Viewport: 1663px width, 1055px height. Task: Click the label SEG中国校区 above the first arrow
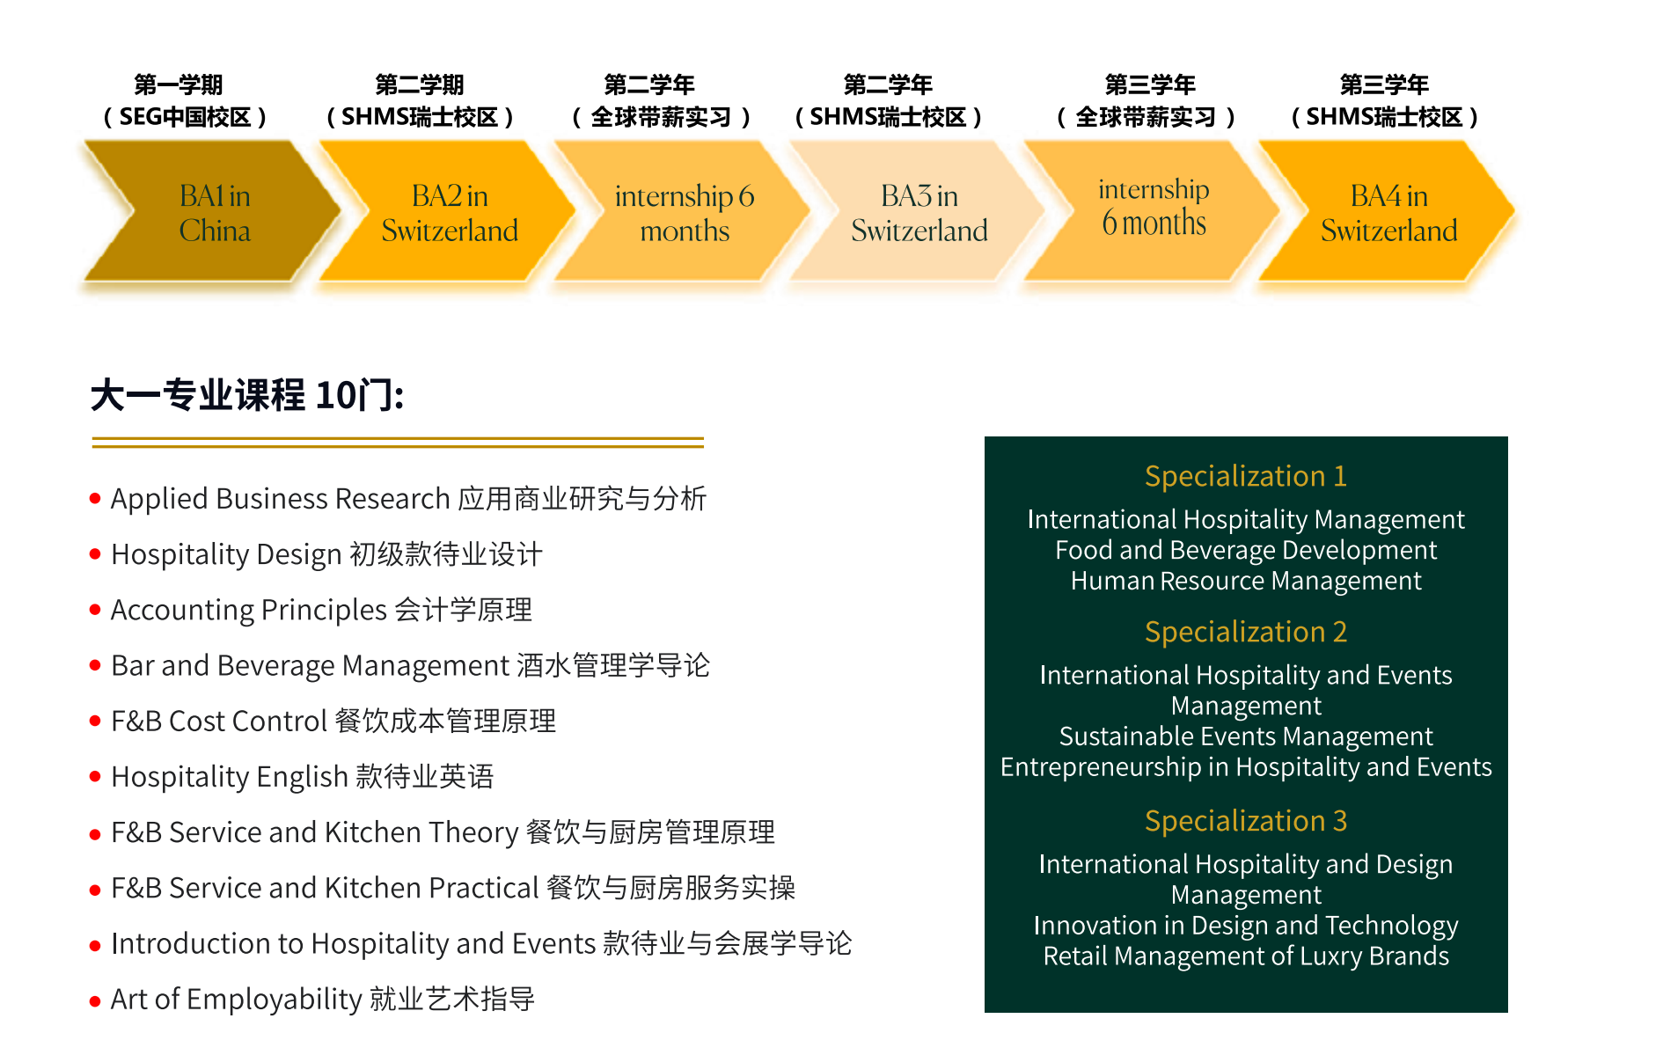pos(185,117)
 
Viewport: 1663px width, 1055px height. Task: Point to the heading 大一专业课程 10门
pos(247,395)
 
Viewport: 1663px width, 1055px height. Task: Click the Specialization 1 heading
pos(1246,476)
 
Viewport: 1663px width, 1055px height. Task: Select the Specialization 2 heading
pos(1246,632)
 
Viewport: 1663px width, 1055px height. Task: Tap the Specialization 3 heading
pos(1246,821)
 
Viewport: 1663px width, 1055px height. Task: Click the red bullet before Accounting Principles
pos(95,610)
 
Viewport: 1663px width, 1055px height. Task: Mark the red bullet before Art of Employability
pos(95,1000)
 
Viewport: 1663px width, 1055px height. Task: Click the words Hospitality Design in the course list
pos(226,554)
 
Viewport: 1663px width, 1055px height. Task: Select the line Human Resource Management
pos(1246,581)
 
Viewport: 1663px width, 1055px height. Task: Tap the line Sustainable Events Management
pos(1246,736)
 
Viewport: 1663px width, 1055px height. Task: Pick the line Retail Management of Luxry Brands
pos(1246,956)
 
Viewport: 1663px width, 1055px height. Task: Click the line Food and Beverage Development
pos(1246,550)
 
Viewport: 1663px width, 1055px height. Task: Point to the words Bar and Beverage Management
pos(311,665)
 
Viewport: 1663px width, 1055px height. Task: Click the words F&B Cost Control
pos(219,721)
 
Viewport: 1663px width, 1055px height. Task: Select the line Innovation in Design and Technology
pos(1246,925)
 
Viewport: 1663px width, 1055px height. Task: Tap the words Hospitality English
pos(230,777)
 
